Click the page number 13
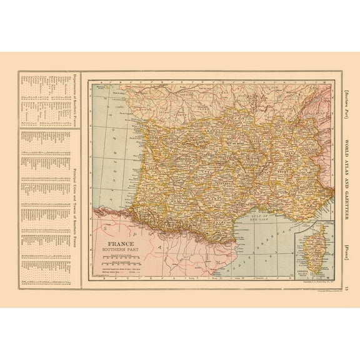tap(349, 284)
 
